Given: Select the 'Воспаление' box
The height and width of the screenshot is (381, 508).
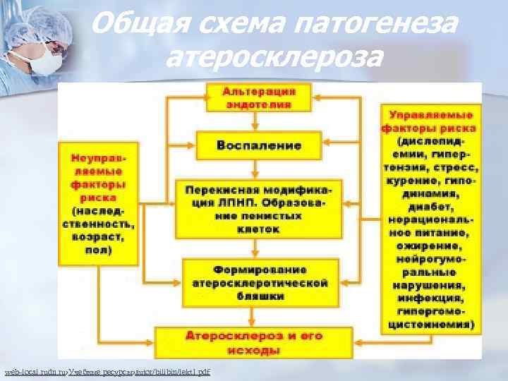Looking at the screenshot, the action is point(259,145).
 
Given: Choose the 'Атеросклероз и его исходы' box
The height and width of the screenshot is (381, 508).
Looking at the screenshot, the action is point(259,341).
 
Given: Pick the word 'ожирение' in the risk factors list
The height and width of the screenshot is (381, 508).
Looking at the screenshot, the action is point(431,247).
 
